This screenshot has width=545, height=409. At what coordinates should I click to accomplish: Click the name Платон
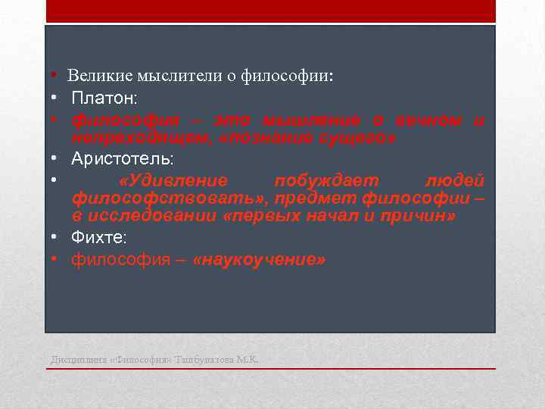(x=104, y=98)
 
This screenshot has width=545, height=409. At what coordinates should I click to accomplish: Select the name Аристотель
(x=122, y=159)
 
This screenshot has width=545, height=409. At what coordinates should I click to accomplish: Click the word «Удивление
(x=173, y=180)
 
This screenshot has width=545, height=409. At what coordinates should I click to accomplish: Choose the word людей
(x=455, y=180)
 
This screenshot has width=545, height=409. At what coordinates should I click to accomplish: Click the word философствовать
(x=165, y=198)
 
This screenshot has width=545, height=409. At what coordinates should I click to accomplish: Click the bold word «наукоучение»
(x=260, y=260)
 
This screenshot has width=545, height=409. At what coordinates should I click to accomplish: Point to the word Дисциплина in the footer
(x=77, y=359)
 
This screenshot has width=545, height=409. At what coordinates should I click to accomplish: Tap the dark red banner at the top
(x=270, y=11)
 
